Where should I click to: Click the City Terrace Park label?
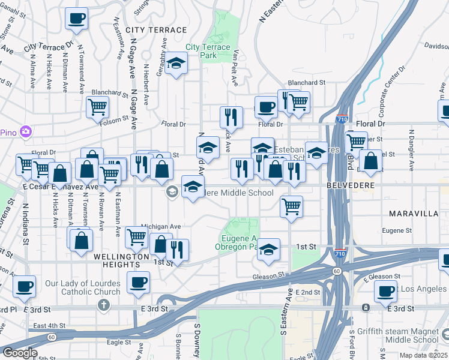pyautogui.click(x=208, y=51)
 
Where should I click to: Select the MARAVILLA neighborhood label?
pyautogui.click(x=413, y=214)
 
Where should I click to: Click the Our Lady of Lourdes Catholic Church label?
pyautogui.click(x=82, y=287)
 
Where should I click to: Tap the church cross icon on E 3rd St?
pyautogui.click(x=104, y=305)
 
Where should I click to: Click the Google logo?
pyautogui.click(x=20, y=353)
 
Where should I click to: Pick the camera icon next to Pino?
pyautogui.click(x=25, y=131)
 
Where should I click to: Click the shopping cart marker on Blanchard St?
pyautogui.click(x=97, y=107)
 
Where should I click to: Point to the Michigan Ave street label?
pyautogui.click(x=161, y=226)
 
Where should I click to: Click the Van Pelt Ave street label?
pyautogui.click(x=236, y=65)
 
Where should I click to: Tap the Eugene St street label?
pyautogui.click(x=397, y=230)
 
